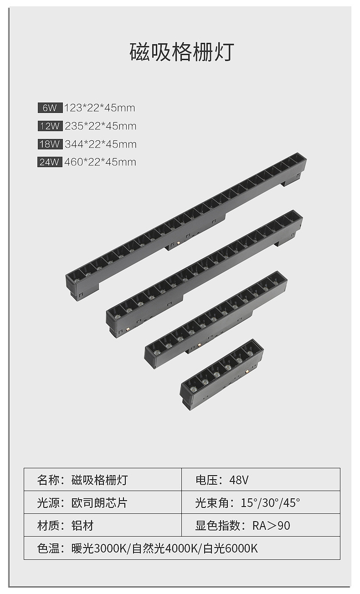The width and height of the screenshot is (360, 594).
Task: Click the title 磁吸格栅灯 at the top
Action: click(182, 52)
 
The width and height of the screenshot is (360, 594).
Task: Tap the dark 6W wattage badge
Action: click(50, 108)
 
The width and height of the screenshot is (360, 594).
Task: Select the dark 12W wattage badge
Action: click(50, 126)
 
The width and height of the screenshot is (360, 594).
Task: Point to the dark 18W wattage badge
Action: click(50, 144)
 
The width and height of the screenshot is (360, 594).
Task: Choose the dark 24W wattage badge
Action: click(50, 162)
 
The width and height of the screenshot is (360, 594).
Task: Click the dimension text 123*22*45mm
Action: click(100, 108)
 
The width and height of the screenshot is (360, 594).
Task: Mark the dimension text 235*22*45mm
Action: click(101, 126)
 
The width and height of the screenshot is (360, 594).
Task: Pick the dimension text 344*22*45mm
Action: click(101, 144)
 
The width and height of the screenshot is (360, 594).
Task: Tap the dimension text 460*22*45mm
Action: click(100, 162)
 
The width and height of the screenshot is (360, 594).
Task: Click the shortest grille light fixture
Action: click(221, 374)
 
